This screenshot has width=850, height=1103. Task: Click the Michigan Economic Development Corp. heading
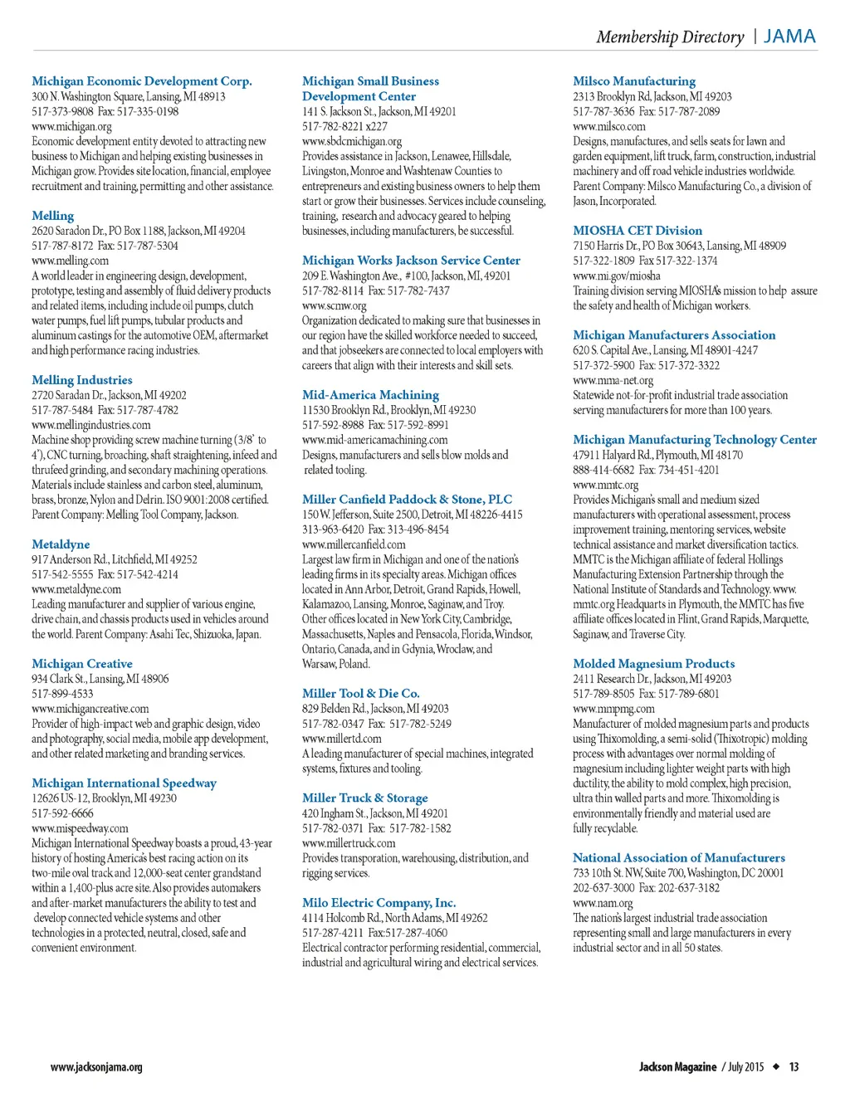pyautogui.click(x=141, y=81)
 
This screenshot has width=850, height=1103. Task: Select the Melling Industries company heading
pyautogui.click(x=81, y=380)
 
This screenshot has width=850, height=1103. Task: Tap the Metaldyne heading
pyautogui.click(x=61, y=544)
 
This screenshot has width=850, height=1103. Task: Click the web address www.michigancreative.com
pyautogui.click(x=90, y=709)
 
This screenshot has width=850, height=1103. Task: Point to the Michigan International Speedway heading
pyautogui.click(x=124, y=783)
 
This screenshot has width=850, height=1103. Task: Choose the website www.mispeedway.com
pyautogui.click(x=80, y=828)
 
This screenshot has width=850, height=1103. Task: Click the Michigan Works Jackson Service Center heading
pyautogui.click(x=411, y=261)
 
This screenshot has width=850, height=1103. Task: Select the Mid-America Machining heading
pyautogui.click(x=370, y=395)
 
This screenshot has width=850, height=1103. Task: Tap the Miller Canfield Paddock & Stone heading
pyautogui.click(x=407, y=500)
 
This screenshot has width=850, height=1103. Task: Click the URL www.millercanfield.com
pyautogui.click(x=354, y=544)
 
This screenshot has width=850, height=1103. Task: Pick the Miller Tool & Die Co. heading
pyautogui.click(x=360, y=694)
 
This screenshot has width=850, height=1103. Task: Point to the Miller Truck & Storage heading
pyautogui.click(x=364, y=798)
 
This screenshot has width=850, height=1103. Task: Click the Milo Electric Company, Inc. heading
pyautogui.click(x=379, y=903)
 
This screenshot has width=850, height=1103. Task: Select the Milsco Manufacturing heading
pyautogui.click(x=634, y=81)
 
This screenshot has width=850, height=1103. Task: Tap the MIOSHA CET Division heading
pyautogui.click(x=637, y=231)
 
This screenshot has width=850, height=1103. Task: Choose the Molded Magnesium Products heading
pyautogui.click(x=653, y=664)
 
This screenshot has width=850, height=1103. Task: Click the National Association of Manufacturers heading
pyautogui.click(x=678, y=858)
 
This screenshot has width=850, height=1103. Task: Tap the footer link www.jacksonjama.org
pyautogui.click(x=95, y=1067)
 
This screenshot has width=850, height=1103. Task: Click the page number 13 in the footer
pyautogui.click(x=794, y=1067)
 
